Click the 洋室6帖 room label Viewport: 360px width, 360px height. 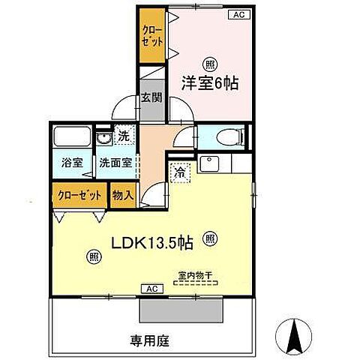click(x=210, y=84)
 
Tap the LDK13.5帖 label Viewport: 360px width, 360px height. click(x=153, y=243)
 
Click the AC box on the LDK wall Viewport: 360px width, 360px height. click(x=151, y=289)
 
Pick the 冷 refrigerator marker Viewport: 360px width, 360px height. click(x=179, y=172)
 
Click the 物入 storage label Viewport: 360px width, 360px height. click(x=123, y=195)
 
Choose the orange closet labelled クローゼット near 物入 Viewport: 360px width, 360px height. click(x=79, y=195)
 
